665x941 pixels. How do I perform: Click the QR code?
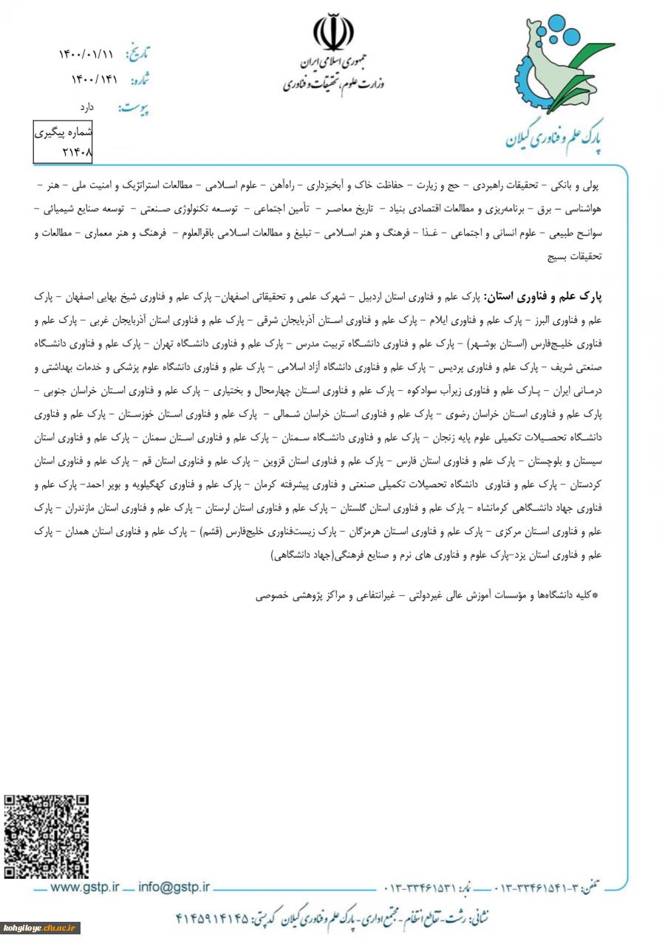coord(47,837)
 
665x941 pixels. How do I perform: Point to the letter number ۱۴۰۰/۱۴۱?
coord(86,78)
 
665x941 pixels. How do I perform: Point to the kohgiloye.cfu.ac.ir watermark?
coord(40,928)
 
